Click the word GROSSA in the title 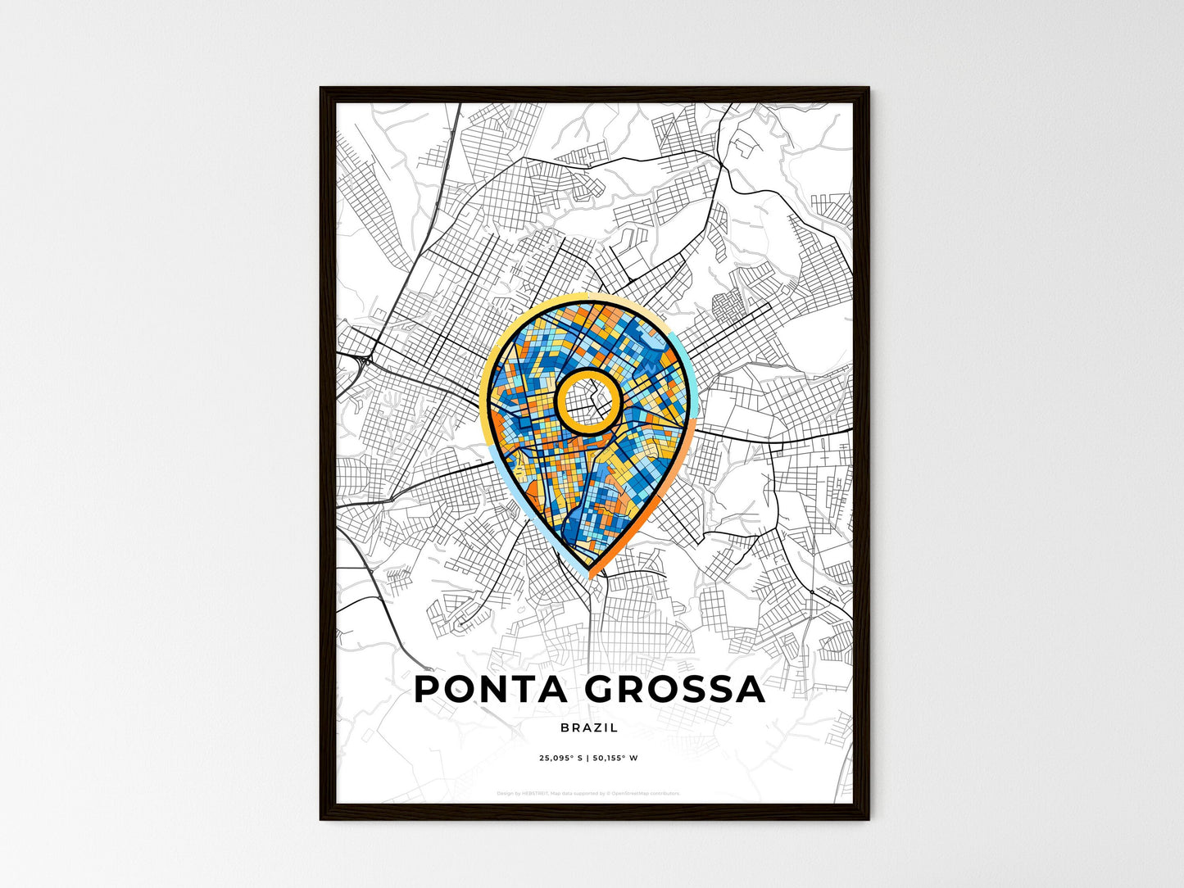tap(674, 689)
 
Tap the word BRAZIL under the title tap(589, 727)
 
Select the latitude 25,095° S tap(560, 759)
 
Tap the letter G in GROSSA tap(601, 689)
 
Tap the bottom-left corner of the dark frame tap(322, 818)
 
